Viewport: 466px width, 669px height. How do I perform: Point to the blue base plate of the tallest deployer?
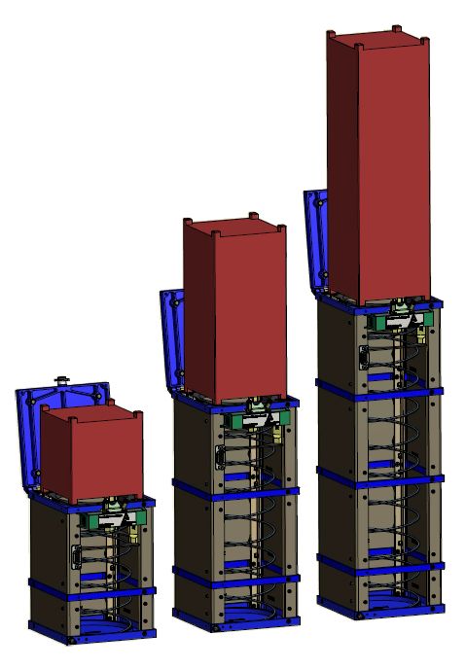pyautogui.click(x=379, y=608)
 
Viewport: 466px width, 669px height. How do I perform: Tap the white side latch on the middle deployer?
pyautogui.click(x=218, y=455)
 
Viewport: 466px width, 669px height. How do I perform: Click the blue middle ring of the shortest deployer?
pyautogui.click(x=92, y=587)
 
